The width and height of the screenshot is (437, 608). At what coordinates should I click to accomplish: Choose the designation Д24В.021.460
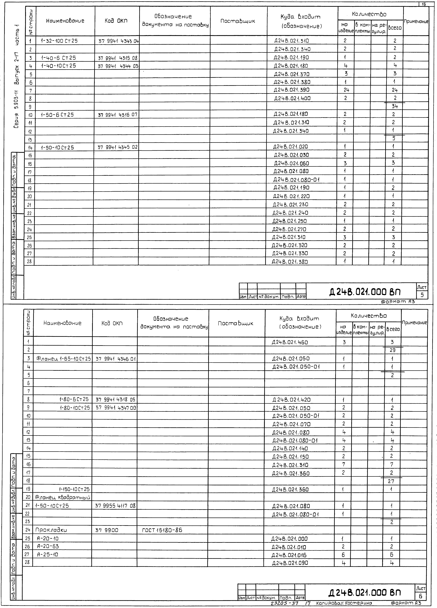[290, 342]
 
